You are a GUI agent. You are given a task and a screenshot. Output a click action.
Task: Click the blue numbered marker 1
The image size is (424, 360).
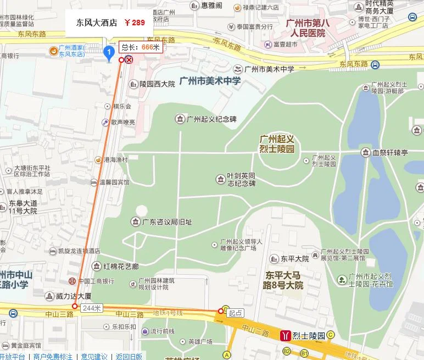(109, 53)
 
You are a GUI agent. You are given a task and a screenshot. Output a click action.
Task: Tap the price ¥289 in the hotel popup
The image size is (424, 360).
(135, 23)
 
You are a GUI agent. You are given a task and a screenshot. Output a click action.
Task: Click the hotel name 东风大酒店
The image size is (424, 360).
(97, 23)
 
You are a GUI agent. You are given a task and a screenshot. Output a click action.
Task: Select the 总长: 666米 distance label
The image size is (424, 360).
(141, 47)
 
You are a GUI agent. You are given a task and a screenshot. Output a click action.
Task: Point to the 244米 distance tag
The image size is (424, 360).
(91, 308)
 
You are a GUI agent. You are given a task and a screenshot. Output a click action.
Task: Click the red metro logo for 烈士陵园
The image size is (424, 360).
(285, 335)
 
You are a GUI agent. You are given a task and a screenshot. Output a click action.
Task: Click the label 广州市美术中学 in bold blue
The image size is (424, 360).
(210, 81)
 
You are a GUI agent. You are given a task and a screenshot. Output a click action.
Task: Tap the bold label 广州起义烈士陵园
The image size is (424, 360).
(277, 144)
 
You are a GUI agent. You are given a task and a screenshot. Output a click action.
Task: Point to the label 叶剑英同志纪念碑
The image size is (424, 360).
(242, 180)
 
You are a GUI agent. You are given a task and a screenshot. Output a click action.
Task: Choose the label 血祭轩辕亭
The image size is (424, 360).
(391, 152)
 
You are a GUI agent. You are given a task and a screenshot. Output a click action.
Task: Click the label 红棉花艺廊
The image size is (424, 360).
(121, 267)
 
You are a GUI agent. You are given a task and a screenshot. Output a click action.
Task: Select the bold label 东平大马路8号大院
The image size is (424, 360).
(283, 280)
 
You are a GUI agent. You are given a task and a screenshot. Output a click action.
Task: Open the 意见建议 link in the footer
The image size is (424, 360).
(94, 356)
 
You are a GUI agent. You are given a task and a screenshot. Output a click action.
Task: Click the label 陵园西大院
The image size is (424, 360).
(157, 84)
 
